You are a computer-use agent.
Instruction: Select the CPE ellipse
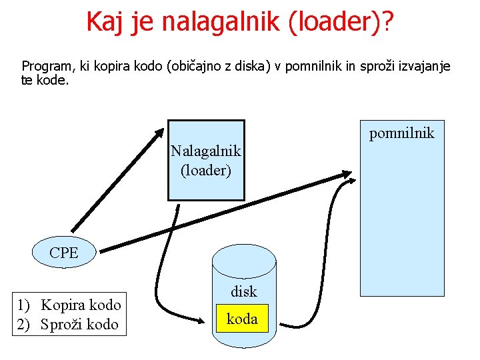(64, 253)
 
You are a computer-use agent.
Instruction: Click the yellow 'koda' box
(242, 319)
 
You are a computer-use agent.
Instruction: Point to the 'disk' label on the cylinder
(243, 291)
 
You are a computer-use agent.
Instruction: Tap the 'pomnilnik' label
(401, 133)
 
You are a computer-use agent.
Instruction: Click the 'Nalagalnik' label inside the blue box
(205, 152)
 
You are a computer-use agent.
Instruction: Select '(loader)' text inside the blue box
(205, 170)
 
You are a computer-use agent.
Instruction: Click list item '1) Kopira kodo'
(69, 305)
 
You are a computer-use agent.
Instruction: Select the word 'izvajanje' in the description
(425, 67)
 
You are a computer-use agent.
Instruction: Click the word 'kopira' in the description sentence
(117, 67)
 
